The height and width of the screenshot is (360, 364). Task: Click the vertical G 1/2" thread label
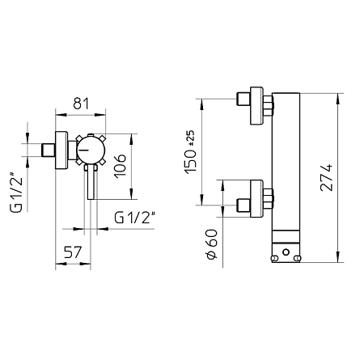coord(15,191)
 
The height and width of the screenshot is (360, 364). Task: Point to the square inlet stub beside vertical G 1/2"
coord(49,150)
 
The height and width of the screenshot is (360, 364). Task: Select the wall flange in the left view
coord(61,150)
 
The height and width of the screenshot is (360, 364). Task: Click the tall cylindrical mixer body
coord(288,162)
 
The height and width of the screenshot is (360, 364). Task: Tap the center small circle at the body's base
coord(287,257)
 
